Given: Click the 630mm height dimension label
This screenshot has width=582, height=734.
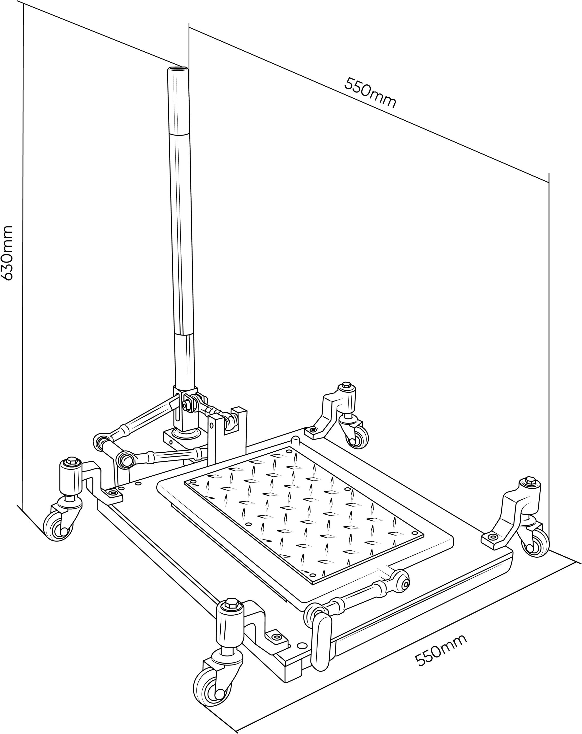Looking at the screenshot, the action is tap(7, 252).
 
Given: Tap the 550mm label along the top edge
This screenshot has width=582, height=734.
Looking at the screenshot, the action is tap(370, 92).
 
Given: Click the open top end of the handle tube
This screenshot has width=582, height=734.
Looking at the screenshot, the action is tap(177, 69).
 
